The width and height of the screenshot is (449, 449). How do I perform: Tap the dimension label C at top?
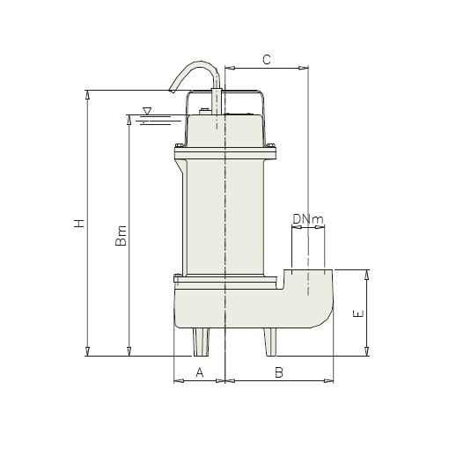click(x=267, y=59)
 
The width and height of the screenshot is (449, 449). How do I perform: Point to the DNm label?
click(x=307, y=218)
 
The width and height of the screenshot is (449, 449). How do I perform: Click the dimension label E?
click(x=357, y=313)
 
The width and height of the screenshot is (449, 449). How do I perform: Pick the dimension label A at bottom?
click(x=200, y=372)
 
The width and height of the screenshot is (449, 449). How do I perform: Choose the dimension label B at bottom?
click(x=278, y=372)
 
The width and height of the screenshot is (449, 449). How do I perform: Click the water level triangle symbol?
click(x=146, y=111)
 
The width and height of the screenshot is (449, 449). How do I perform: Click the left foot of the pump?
click(x=202, y=342)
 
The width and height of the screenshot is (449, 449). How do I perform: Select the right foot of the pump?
click(x=269, y=342)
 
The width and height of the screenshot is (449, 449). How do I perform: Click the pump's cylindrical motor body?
click(x=225, y=216)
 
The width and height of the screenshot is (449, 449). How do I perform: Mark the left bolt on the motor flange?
click(x=180, y=148)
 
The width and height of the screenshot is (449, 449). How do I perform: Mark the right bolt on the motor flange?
click(x=272, y=148)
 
